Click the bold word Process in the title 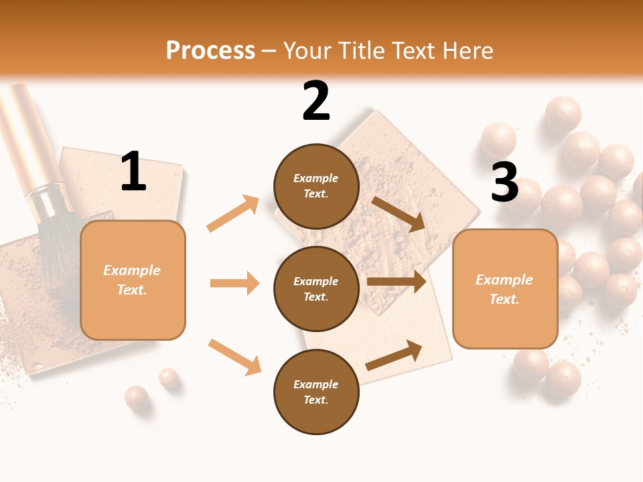pos(210,50)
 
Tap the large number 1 pos(133,172)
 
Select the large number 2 pos(316,101)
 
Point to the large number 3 pos(504,182)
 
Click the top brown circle pos(316,186)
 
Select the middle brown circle pos(316,289)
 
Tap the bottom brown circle pos(316,392)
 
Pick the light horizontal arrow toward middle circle pos(234,283)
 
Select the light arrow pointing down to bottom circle pos(235,356)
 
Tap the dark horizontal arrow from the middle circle pos(397,282)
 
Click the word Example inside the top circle pos(315,178)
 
